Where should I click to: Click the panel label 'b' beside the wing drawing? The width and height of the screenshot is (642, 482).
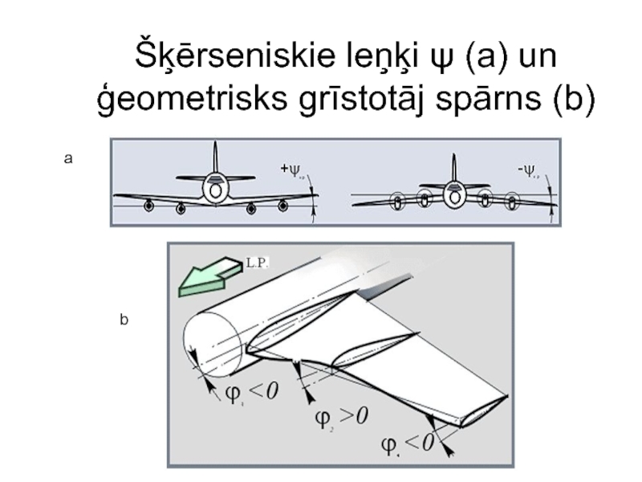[x=124, y=320]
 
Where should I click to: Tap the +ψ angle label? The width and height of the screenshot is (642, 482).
[x=291, y=170]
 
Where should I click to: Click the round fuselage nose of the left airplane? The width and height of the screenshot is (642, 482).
[x=215, y=190]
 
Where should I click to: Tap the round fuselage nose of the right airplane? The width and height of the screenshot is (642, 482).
[x=454, y=194]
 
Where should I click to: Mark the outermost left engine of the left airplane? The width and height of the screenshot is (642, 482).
[x=149, y=206]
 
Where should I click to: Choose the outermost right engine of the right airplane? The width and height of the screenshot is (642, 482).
[x=511, y=202]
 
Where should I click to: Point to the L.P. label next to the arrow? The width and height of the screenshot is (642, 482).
[x=257, y=263]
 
